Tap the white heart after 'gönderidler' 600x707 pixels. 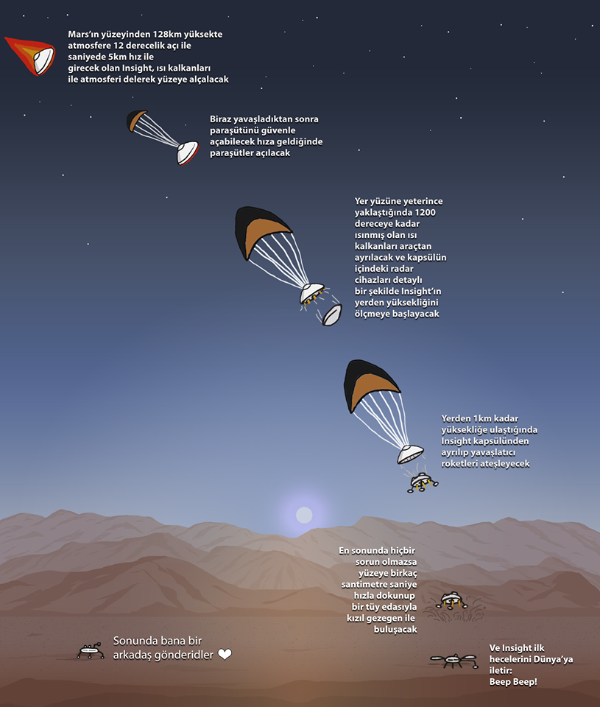225,654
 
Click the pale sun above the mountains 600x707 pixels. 304,515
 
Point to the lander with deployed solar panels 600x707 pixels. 454,661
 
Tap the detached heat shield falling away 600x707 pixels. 331,314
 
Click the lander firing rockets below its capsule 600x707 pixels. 423,482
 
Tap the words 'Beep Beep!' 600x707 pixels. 513,682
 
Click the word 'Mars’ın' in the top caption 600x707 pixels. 82,35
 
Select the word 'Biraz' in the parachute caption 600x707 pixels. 220,119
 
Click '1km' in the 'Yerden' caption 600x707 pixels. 481,418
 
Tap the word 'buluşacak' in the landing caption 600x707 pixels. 395,630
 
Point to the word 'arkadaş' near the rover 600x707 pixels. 132,655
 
